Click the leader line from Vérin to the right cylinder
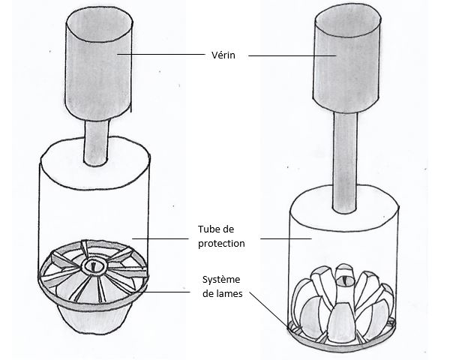pos(289,55)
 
